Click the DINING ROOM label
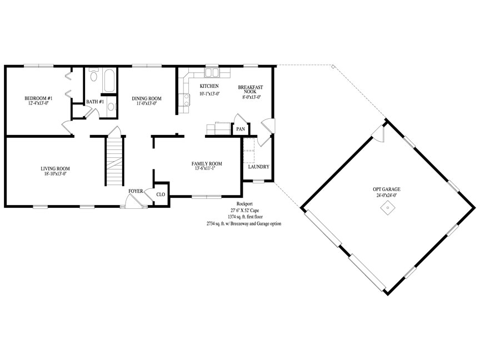point(147,98)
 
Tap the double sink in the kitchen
point(212,72)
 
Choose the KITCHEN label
point(209,87)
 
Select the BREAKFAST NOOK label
point(251,89)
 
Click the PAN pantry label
point(241,129)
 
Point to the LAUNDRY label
point(259,167)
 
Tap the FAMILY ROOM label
point(207,163)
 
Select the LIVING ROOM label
point(55,168)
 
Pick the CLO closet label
point(161,194)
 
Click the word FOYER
point(136,191)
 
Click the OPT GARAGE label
point(387,189)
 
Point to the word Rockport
point(245,204)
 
